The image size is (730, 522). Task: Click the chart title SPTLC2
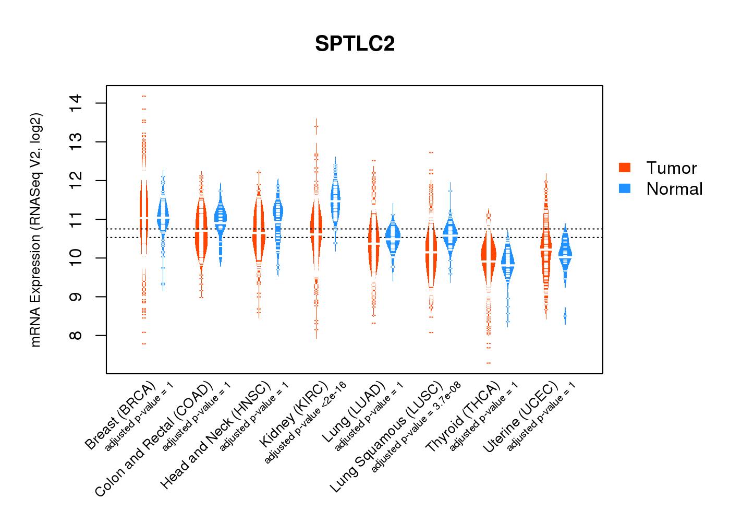coord(355,44)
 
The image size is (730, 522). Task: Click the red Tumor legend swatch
coord(625,168)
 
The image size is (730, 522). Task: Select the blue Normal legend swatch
coord(625,188)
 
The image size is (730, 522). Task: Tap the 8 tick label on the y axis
coord(76,335)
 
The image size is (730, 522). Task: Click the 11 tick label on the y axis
coord(76,219)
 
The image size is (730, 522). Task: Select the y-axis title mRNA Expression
coord(35,230)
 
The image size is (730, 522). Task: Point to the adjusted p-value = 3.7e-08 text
coord(416,428)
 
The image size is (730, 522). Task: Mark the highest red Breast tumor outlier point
coord(144,96)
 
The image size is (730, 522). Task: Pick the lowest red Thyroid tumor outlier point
coord(489,363)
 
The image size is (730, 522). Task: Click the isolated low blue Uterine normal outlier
coord(565,316)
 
